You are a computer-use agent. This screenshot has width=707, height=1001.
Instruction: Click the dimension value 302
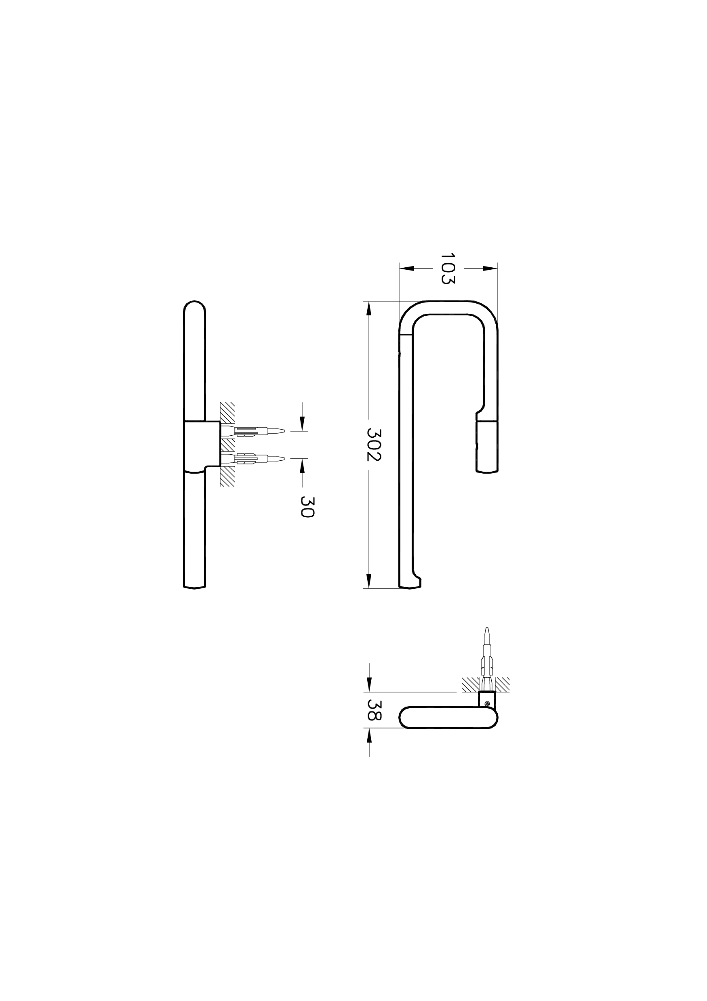(x=374, y=445)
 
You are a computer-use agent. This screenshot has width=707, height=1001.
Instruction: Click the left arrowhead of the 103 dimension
(x=406, y=269)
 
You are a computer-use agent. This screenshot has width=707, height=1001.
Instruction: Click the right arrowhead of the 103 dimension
(x=491, y=269)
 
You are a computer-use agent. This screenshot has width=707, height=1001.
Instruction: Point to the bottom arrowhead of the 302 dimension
(x=369, y=581)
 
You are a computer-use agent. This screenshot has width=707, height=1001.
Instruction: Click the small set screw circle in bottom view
(x=487, y=702)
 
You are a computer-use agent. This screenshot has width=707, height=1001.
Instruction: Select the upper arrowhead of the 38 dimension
(x=369, y=684)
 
